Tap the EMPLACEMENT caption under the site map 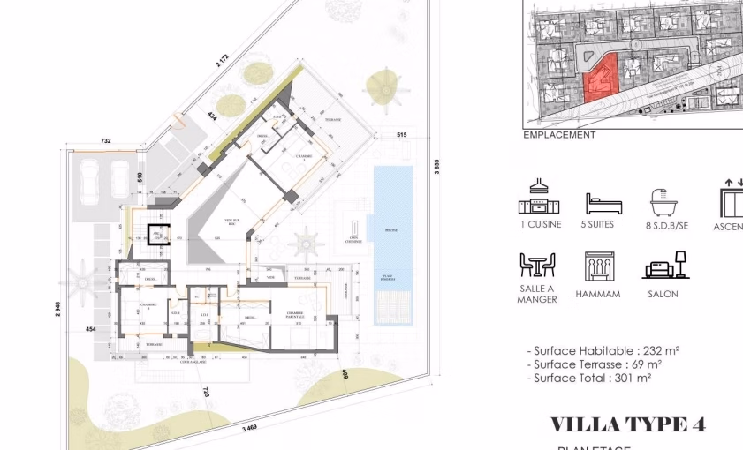(559, 135)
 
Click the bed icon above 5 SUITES (603, 204)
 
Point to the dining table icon (537, 265)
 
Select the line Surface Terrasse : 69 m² (594, 364)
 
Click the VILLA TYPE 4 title (627, 424)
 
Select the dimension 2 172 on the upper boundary (221, 60)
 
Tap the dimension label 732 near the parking (106, 141)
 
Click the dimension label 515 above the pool (401, 134)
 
